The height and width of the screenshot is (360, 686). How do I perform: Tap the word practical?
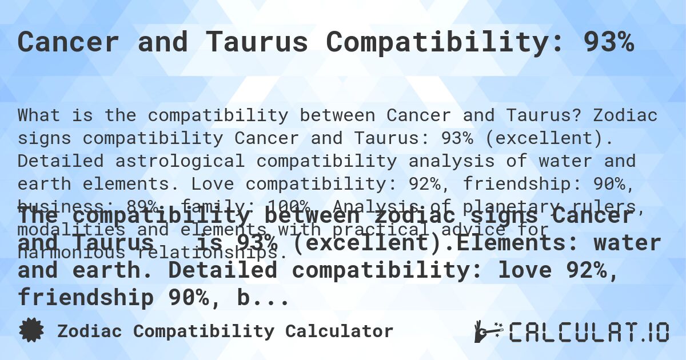tap(441, 229)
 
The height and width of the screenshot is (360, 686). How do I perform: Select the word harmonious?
tap(72, 252)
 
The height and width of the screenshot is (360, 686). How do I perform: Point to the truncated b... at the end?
tap(266, 298)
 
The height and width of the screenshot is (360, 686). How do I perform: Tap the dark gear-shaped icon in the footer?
tap(31, 331)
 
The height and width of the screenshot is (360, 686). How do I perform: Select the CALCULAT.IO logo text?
tap(589, 332)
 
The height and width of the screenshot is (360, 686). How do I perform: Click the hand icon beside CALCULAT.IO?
tap(488, 331)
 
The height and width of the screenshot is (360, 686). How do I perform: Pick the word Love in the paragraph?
tap(213, 184)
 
